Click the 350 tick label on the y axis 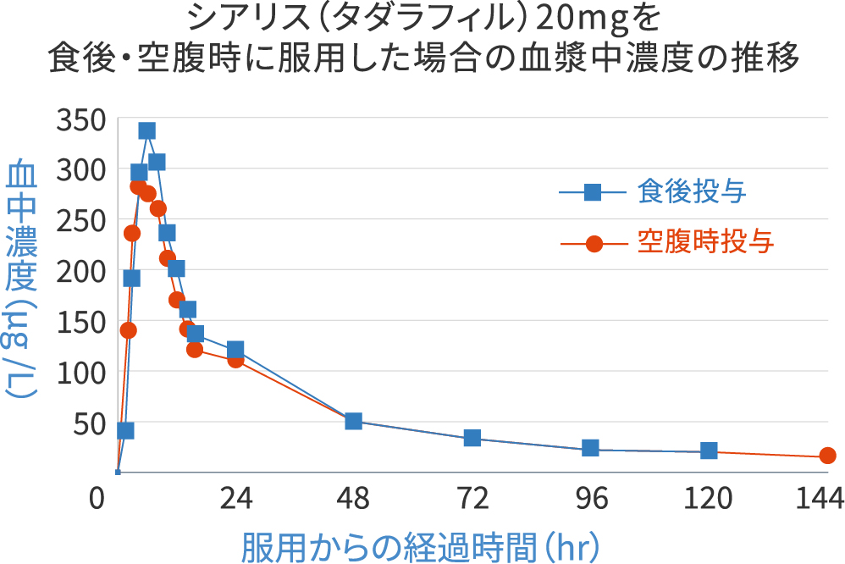click(80, 120)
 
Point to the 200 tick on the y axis click(80, 271)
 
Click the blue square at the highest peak click(146, 130)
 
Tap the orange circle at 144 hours click(827, 456)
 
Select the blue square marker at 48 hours click(354, 421)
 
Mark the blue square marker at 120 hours click(709, 451)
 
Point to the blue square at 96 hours click(590, 448)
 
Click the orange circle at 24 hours click(235, 360)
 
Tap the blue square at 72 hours click(472, 438)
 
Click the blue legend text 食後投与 click(691, 193)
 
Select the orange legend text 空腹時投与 click(705, 243)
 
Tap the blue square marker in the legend click(593, 193)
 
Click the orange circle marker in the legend click(593, 244)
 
